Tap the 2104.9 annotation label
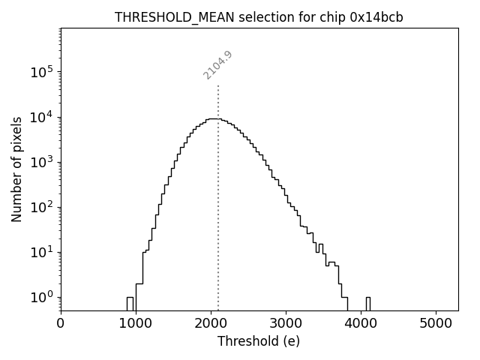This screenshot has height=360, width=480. tap(218, 65)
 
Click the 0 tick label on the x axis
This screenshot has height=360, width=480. tap(61, 324)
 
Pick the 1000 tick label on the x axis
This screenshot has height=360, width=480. tap(136, 324)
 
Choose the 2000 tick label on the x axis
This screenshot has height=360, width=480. tap(211, 324)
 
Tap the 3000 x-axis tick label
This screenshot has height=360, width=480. tap(286, 324)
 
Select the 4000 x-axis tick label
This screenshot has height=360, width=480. tap(361, 324)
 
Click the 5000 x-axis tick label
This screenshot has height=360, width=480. tap(436, 324)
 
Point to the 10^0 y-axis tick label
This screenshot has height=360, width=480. tap(40, 297)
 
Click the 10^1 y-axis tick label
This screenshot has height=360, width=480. tap(40, 252)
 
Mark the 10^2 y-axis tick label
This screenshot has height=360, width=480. tap(40, 207)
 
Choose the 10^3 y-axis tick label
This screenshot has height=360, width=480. tap(40, 162)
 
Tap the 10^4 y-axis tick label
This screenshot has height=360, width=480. tap(40, 117)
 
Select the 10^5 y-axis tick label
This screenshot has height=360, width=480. tap(40, 72)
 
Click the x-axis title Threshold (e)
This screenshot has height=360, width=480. tap(259, 341)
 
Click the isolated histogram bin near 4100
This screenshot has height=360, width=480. tap(367, 304)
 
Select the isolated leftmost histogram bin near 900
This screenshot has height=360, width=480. tap(130, 304)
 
